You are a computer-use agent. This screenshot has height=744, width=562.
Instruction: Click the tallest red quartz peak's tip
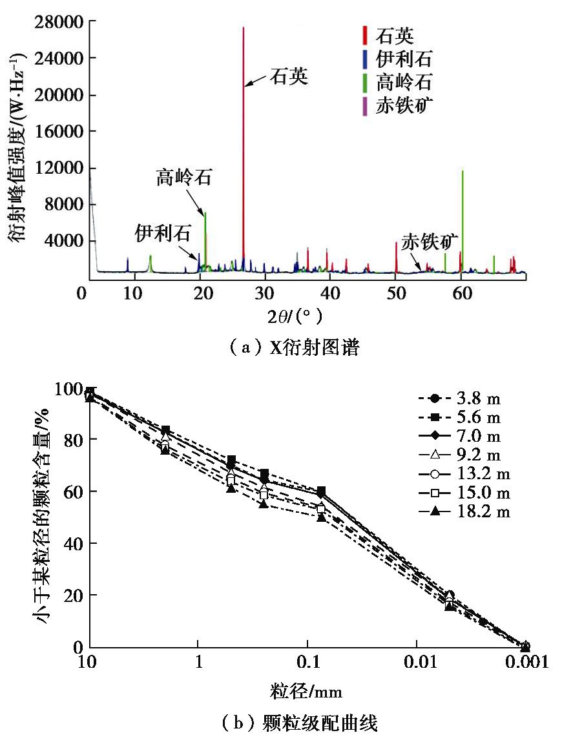(x=244, y=28)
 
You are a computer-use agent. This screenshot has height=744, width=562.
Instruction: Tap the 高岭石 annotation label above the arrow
(x=183, y=178)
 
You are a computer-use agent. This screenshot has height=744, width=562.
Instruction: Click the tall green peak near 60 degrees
(x=463, y=172)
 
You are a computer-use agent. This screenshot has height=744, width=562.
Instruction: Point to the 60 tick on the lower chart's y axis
(x=75, y=491)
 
